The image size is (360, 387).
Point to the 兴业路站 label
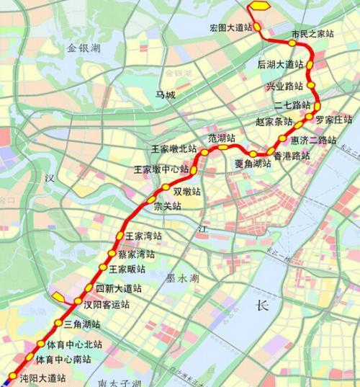pyautogui.click(x=284, y=86)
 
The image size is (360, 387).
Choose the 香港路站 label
pyautogui.click(x=292, y=155)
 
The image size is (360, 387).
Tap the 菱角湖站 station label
pyautogui.click(x=253, y=164)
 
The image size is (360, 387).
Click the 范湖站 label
pyautogui.click(x=222, y=137)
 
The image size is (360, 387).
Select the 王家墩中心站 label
pyautogui.click(x=161, y=169)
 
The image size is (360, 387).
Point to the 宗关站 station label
pyautogui.click(x=168, y=206)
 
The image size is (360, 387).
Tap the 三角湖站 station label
pyautogui.click(x=82, y=324)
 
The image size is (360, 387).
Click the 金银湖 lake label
pyautogui.click(x=84, y=48)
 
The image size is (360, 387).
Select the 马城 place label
pyautogui.click(x=165, y=94)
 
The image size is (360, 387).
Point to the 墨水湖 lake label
pyautogui.click(x=183, y=277)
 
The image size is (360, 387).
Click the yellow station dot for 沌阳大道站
pyautogui.click(x=12, y=376)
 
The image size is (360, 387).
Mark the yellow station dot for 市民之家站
pyautogui.click(x=292, y=42)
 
